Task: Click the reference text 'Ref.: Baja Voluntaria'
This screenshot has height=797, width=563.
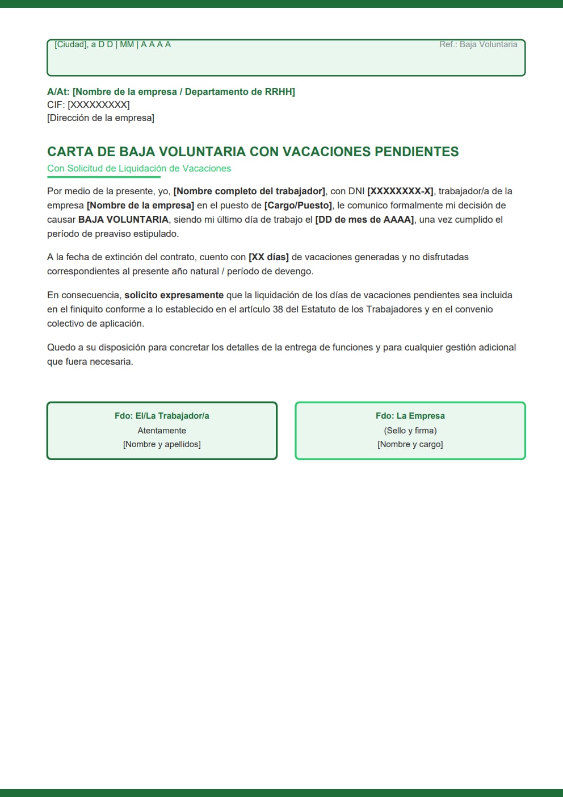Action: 478,44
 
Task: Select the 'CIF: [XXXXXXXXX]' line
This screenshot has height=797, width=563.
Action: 89,105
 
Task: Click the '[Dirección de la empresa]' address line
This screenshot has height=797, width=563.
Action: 100,118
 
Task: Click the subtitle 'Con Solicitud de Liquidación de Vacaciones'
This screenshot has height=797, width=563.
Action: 139,168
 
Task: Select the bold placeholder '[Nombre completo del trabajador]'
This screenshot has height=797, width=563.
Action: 249,191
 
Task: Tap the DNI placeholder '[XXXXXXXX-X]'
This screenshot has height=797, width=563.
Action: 400,191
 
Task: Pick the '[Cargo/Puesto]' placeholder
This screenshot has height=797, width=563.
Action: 298,205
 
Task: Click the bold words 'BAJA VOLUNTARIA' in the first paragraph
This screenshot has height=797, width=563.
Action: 123,219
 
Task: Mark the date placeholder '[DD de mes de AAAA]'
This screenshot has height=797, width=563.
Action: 364,219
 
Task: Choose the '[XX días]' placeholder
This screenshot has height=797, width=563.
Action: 268,257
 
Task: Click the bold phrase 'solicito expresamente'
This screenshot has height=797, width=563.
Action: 174,295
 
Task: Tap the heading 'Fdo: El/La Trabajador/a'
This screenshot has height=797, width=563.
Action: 162,416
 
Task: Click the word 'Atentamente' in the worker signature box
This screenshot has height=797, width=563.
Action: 162,431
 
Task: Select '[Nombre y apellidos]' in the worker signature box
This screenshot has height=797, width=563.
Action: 162,444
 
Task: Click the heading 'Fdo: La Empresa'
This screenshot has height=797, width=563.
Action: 410,416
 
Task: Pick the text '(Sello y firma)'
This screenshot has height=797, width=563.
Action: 410,431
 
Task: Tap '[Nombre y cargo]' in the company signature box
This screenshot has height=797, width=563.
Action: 410,444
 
